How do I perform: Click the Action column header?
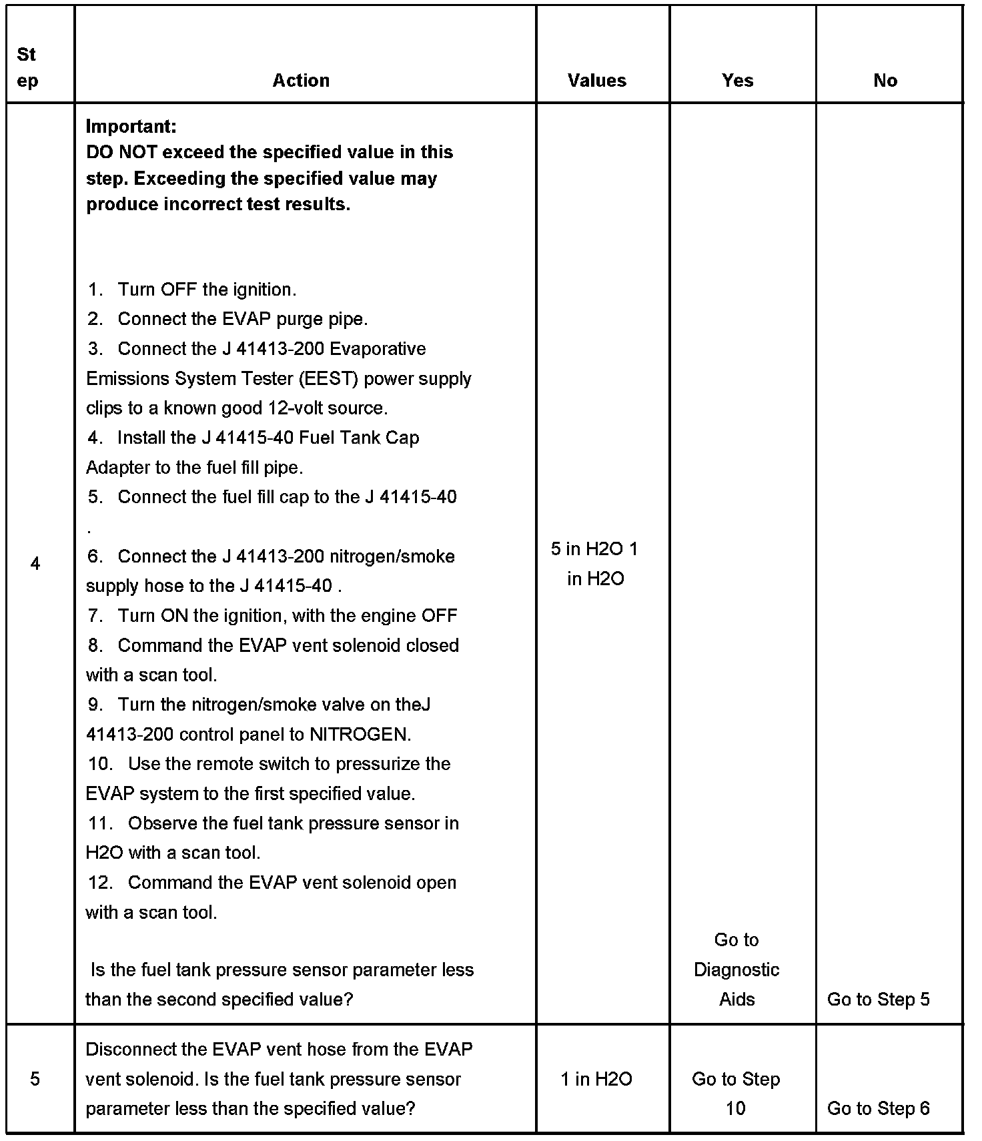tap(301, 81)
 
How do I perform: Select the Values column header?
tap(597, 81)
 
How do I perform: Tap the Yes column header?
tap(737, 81)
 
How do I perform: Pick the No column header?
tap(885, 81)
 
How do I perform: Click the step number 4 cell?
tap(35, 564)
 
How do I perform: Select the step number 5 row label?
tap(35, 1079)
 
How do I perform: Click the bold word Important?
tap(131, 126)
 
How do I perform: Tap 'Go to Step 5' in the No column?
tap(878, 1000)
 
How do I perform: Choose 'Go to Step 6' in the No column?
tap(878, 1108)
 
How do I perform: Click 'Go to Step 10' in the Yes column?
tap(736, 1094)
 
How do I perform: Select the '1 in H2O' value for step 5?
tap(596, 1079)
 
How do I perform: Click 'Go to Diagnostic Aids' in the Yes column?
tap(736, 970)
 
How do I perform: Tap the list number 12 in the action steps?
tap(100, 883)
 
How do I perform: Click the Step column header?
tap(27, 67)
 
